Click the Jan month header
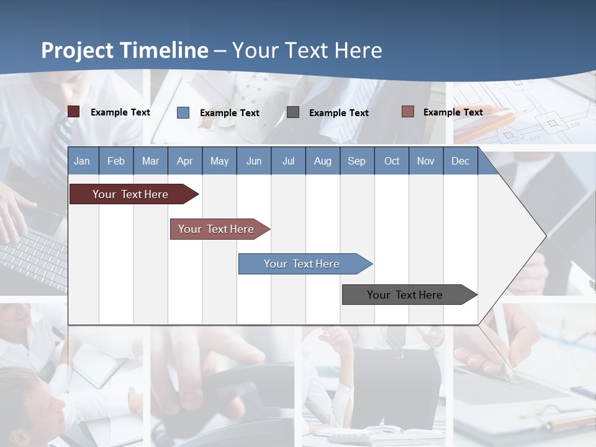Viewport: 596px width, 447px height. pos(82,161)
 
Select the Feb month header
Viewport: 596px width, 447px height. pos(116,161)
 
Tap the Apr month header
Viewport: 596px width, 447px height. pos(184,161)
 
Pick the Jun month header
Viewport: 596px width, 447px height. pos(254,161)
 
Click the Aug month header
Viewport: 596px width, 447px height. pos(322,161)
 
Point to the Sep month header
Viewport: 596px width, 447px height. pos(356,161)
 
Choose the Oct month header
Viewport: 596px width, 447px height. pos(392,161)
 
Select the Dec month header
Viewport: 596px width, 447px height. pos(460,161)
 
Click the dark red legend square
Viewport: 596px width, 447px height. pos(73,112)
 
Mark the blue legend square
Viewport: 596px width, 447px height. pos(183,112)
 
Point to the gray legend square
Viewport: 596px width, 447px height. pos(293,112)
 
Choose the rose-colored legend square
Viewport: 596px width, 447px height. pos(407,112)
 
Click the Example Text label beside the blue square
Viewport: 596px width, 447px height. pos(229,113)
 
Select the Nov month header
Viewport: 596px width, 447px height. pos(426,161)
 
